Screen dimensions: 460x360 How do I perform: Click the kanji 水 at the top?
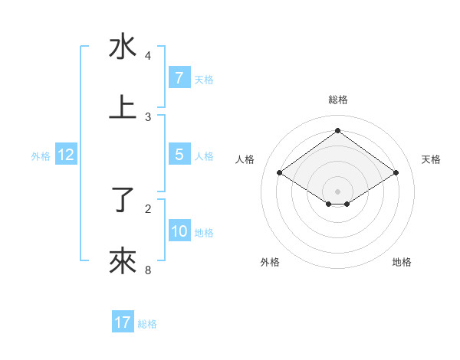click(x=123, y=47)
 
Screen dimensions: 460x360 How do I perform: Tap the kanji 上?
click(x=123, y=108)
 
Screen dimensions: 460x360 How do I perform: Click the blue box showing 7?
click(x=179, y=78)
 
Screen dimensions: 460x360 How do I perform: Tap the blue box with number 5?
click(x=179, y=155)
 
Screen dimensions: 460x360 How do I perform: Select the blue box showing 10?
click(x=179, y=231)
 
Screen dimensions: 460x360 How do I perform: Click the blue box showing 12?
click(x=66, y=155)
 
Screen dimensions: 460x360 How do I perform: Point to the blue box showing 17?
click(x=123, y=322)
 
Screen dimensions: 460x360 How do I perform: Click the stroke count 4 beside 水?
click(x=148, y=56)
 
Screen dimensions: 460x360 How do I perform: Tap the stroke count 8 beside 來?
click(x=148, y=270)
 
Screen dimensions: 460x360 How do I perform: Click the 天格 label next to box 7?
click(x=204, y=80)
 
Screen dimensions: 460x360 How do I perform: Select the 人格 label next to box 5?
click(x=204, y=156)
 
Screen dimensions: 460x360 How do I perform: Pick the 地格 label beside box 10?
click(x=204, y=233)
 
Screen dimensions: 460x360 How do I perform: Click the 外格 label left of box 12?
click(x=41, y=156)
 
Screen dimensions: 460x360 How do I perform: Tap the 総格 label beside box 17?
click(x=147, y=324)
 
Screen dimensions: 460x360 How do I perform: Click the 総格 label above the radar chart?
click(x=338, y=100)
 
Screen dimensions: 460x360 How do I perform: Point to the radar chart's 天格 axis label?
click(x=432, y=159)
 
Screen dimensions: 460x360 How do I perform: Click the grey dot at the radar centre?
click(x=338, y=191)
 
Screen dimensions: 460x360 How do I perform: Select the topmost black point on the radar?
click(x=338, y=130)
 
